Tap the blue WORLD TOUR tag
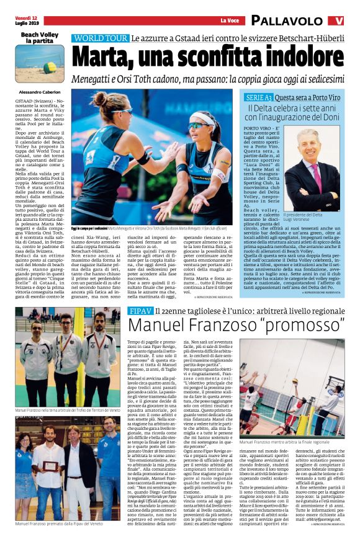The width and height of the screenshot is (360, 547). [99, 38]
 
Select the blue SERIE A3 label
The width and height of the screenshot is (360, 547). [258, 97]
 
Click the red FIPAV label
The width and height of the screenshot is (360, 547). [140, 309]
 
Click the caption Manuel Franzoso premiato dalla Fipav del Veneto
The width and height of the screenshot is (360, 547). [56, 541]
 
